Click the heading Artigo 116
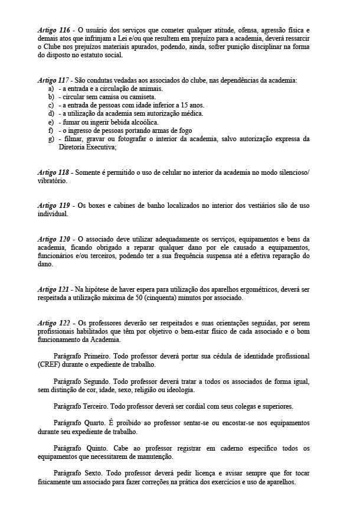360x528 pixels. (x=54, y=30)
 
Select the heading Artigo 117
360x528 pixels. (x=54, y=80)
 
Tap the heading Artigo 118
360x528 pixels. (x=54, y=172)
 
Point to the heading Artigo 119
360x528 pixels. (x=54, y=206)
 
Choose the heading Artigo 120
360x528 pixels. (x=54, y=239)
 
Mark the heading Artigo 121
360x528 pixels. (x=54, y=289)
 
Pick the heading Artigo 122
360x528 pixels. (x=54, y=323)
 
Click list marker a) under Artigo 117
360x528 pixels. (x=51, y=88)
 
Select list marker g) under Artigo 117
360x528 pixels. (x=51, y=139)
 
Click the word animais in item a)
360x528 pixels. (x=149, y=88)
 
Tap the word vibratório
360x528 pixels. (x=51, y=181)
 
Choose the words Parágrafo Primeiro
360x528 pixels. (x=81, y=357)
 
